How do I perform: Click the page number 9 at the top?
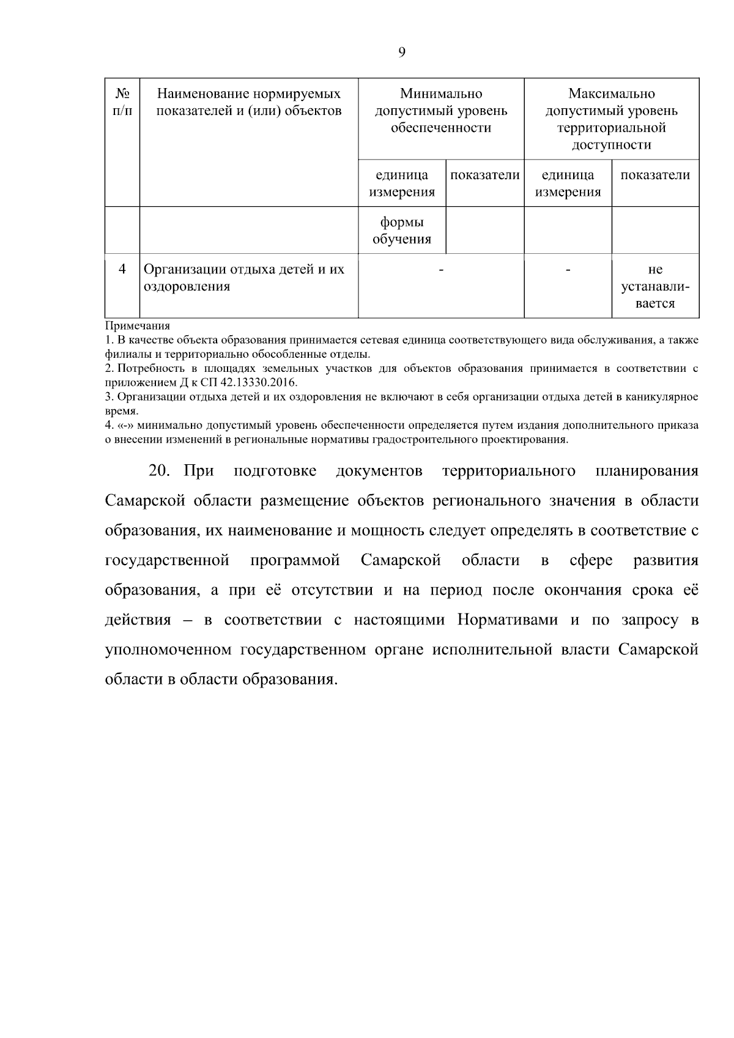coord(402,52)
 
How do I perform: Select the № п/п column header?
coord(122,102)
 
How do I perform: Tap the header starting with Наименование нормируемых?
coord(248,102)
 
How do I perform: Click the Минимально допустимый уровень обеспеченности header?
coord(440,111)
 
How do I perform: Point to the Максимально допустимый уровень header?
coord(611,119)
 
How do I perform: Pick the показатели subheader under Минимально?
coord(485,176)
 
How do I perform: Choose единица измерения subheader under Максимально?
coord(568,184)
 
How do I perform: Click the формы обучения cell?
coord(402,231)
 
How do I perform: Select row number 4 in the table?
coord(122,269)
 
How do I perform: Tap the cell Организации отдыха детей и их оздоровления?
coord(244,278)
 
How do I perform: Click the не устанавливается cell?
coord(655,286)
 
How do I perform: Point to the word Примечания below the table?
coord(138,326)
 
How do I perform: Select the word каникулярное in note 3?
coord(666,397)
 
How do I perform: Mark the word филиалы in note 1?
coord(122,354)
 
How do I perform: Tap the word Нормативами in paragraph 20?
coord(507,620)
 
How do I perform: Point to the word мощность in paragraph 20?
coord(382,530)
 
